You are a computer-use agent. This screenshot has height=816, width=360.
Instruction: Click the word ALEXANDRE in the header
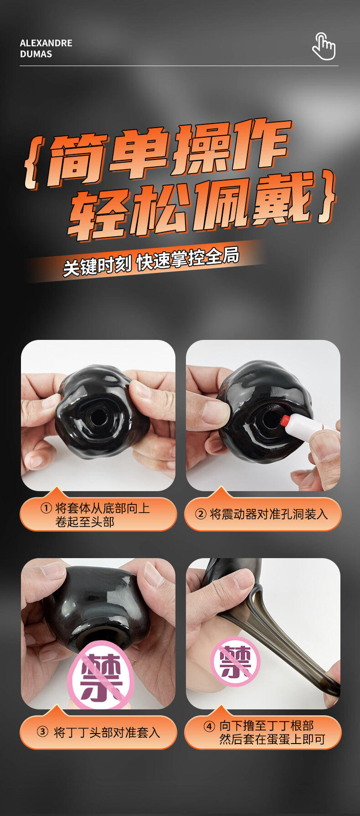[x=46, y=43]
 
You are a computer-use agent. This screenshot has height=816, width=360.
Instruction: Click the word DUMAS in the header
[x=36, y=54]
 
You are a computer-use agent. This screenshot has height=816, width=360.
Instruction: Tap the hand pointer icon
[x=324, y=46]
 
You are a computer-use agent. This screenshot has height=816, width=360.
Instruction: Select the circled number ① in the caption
[x=46, y=508]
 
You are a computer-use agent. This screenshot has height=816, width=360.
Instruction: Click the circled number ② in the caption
[x=201, y=514]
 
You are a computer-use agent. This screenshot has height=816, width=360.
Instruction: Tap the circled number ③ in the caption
[x=42, y=732]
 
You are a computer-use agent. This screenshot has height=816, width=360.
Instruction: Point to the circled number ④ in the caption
[x=209, y=726]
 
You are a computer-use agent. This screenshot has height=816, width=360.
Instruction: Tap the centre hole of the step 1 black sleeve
[x=97, y=416]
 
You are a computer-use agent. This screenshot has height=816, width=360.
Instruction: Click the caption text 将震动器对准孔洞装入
[x=269, y=514]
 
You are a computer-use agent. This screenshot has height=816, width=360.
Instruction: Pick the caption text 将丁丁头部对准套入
[x=107, y=732]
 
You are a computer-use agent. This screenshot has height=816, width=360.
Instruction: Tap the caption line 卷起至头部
[x=85, y=522]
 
